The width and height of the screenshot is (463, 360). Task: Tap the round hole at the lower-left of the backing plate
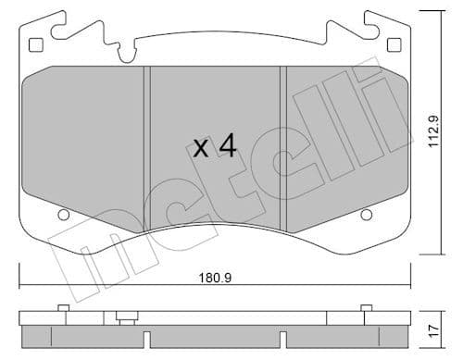click(64, 216)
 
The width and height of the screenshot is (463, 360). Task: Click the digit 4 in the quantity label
click(227, 147)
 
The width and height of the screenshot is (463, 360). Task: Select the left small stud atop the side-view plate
click(61, 307)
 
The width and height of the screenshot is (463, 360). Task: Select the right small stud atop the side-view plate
click(367, 307)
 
